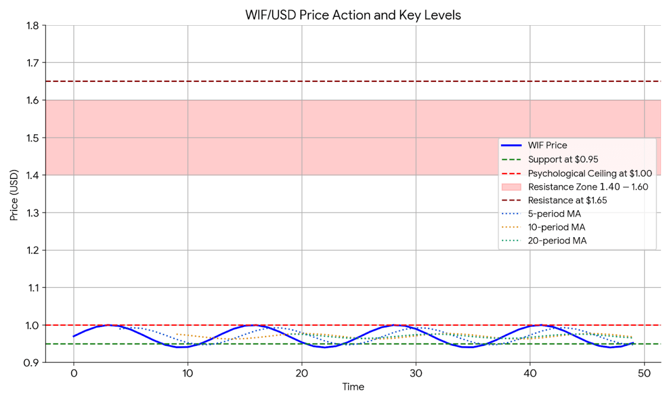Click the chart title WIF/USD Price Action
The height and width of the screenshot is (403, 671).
click(x=353, y=15)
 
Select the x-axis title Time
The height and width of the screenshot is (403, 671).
click(x=353, y=387)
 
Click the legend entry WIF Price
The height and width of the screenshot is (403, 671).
click(x=547, y=145)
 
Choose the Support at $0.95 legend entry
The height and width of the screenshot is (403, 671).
click(x=563, y=159)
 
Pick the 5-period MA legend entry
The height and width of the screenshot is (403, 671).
click(x=554, y=214)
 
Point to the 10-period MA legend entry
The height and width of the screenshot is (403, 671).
click(x=556, y=227)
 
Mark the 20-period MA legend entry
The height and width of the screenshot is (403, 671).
click(x=557, y=241)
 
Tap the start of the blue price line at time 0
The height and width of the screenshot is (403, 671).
click(x=74, y=336)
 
